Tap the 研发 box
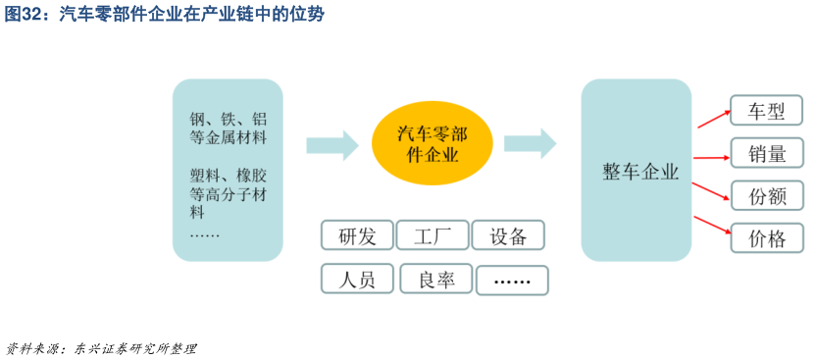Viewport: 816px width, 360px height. click(357, 235)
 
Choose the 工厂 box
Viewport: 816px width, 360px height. click(432, 235)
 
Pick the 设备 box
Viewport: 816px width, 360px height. click(508, 235)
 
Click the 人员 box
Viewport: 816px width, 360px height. click(357, 280)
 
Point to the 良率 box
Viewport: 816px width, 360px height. click(435, 280)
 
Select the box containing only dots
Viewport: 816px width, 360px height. click(512, 281)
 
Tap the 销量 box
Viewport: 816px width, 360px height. click(766, 153)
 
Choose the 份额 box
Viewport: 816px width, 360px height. click(766, 195)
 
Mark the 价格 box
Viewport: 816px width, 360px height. click(766, 237)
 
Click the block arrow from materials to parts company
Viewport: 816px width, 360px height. click(331, 144)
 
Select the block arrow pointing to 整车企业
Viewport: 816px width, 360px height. click(530, 144)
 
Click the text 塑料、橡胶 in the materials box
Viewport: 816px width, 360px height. click(228, 176)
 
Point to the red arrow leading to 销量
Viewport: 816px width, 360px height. click(711, 156)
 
